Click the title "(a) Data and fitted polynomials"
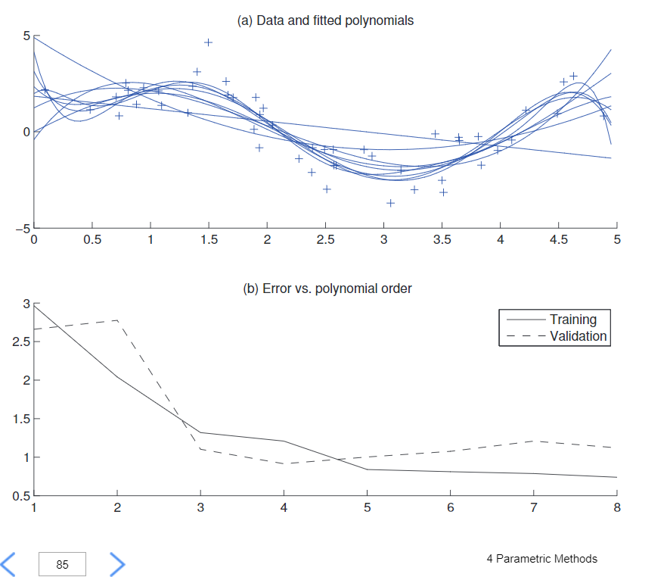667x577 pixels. click(325, 20)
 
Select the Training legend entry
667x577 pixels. click(572, 320)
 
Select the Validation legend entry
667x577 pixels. click(578, 336)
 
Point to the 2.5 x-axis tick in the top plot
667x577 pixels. click(325, 240)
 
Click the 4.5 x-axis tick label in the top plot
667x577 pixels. click(558, 240)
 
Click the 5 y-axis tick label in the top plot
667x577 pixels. click(25, 36)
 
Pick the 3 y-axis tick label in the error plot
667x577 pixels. click(26, 304)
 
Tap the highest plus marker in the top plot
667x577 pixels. click(208, 42)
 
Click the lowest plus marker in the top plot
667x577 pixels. click(390, 203)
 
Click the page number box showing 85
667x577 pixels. click(62, 564)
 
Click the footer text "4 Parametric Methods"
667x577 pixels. click(541, 559)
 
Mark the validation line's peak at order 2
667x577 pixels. click(117, 320)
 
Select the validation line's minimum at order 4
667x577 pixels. click(284, 463)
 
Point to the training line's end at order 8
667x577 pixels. click(616, 477)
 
